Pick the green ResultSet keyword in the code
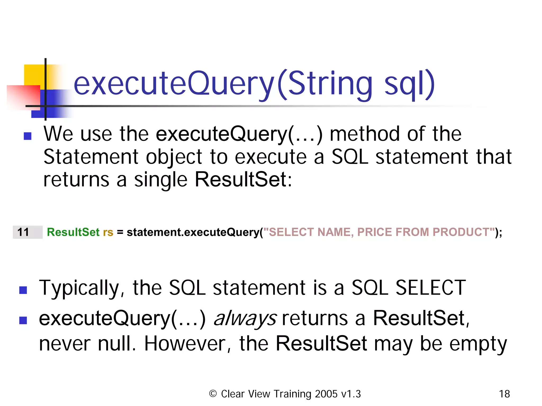point(73,232)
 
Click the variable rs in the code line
point(108,232)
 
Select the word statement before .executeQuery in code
point(153,232)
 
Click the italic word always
point(245,318)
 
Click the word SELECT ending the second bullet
point(430,288)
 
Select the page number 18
point(504,394)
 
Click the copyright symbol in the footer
point(213,394)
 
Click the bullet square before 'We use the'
point(28,136)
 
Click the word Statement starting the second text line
point(91,157)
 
